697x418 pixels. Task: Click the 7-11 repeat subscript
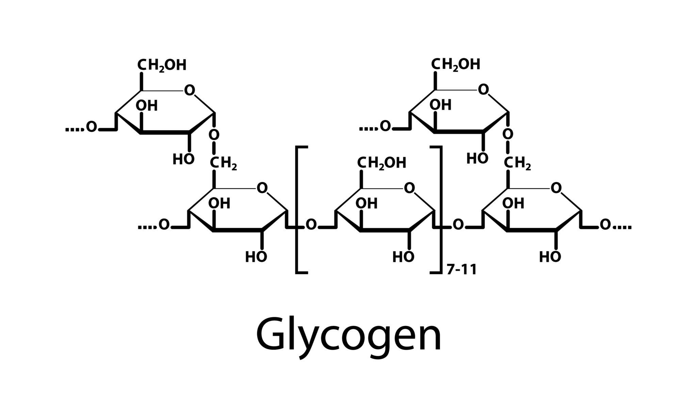click(x=461, y=270)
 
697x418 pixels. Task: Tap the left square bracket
click(x=297, y=210)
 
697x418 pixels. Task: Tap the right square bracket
click(x=440, y=210)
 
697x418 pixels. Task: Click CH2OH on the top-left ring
click(x=162, y=65)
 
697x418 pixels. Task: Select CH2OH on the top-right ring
click(x=456, y=64)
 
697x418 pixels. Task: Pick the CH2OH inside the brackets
click(x=382, y=163)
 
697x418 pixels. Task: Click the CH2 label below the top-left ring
click(x=223, y=164)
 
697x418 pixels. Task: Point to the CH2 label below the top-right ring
click(x=517, y=164)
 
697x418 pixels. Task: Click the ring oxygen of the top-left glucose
click(x=190, y=90)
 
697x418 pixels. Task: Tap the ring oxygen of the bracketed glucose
click(x=409, y=188)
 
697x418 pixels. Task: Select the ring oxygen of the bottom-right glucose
click(x=556, y=188)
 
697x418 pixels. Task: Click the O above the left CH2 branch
click(x=214, y=135)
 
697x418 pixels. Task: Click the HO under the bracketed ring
click(x=403, y=257)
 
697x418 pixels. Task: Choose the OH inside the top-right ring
click(x=440, y=105)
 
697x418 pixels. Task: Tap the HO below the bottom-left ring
click(x=256, y=257)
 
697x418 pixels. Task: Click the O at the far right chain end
click(x=605, y=224)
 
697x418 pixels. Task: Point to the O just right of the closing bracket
click(x=458, y=224)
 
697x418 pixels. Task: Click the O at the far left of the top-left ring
click(x=91, y=127)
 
